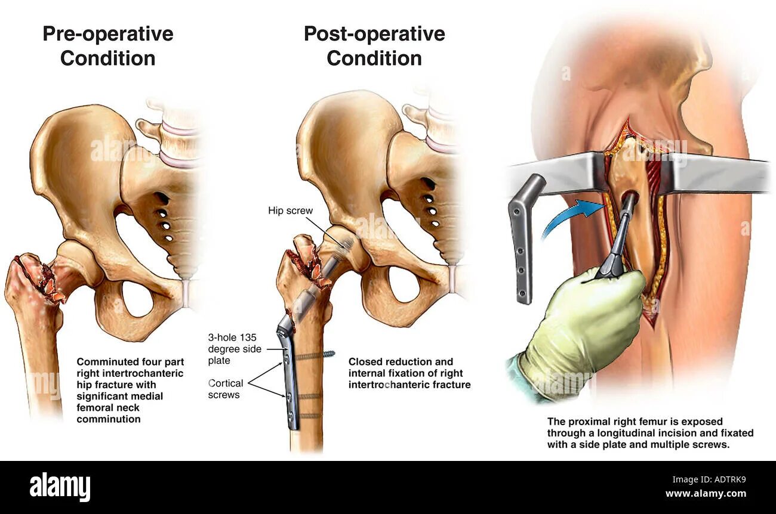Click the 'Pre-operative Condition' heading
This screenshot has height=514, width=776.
[107, 46]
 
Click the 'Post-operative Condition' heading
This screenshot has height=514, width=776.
[374, 46]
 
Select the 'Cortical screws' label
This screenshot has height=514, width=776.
[225, 389]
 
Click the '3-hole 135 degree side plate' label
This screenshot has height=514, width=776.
[235, 348]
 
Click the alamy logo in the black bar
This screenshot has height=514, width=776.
[60, 487]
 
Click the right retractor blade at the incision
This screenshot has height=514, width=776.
[716, 173]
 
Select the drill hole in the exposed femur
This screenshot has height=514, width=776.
[629, 198]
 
